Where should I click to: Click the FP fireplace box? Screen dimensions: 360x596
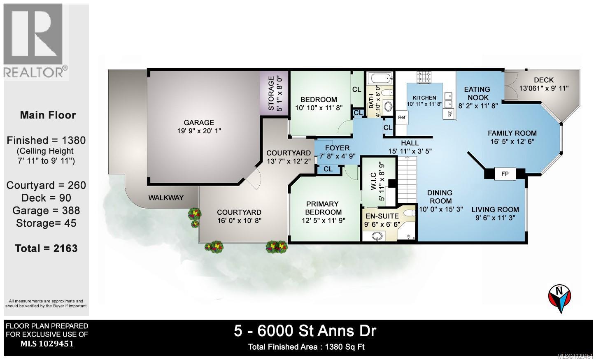pos(505,174)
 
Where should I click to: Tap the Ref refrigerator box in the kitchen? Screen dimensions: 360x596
pos(402,117)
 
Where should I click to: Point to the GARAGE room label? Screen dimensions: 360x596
pos(199,122)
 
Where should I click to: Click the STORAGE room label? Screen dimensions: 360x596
pos(271,93)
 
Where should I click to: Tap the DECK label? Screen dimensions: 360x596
pos(543,80)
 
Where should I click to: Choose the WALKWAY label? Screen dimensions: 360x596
pos(166,197)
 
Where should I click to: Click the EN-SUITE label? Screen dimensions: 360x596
pos(382,216)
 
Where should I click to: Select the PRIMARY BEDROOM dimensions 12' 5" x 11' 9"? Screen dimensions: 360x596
pos(323,220)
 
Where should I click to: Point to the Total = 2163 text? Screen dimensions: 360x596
pos(46,249)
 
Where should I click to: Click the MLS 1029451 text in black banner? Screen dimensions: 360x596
pos(47,344)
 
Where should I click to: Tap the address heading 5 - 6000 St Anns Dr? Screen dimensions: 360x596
pos(305,330)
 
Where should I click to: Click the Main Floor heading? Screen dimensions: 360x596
pos(48,115)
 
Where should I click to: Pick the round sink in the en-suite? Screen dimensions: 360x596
pos(377,236)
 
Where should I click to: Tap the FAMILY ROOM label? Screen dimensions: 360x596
pos(512,133)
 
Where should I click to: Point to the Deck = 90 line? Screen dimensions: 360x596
pos(46,198)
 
